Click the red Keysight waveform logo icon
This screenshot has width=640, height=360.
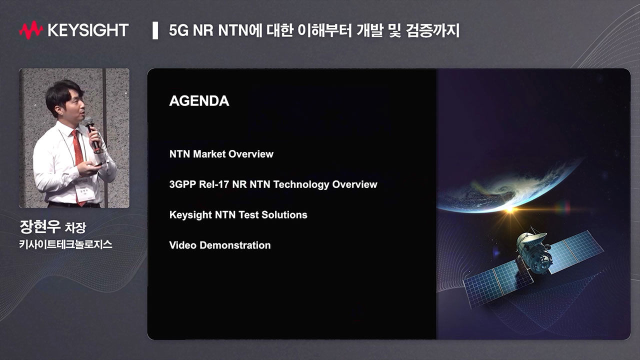click(x=31, y=30)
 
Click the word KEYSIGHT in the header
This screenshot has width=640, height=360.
click(x=88, y=30)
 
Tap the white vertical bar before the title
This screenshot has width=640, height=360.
click(x=155, y=30)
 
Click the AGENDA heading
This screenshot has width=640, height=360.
click(x=199, y=101)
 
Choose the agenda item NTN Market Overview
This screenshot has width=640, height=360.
click(x=221, y=154)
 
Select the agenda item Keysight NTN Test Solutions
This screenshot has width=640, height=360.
click(x=238, y=215)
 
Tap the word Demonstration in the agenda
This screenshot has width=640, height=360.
click(x=235, y=245)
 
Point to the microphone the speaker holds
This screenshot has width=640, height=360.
click(x=92, y=133)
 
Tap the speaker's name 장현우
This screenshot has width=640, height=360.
click(x=40, y=227)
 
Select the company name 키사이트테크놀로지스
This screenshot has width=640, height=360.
click(x=65, y=244)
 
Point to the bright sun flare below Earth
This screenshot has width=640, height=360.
click(x=510, y=210)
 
